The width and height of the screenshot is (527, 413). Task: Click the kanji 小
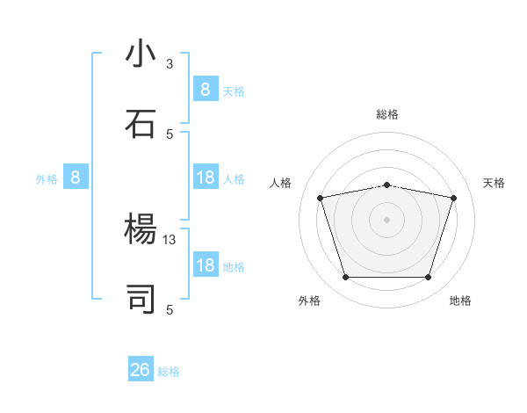[x=141, y=54]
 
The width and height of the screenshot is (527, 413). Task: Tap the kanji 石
[x=141, y=124]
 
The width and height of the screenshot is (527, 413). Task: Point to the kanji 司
[x=141, y=299]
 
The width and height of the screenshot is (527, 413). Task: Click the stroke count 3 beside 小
[x=170, y=63]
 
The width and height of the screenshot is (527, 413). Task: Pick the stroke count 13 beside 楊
[x=170, y=239]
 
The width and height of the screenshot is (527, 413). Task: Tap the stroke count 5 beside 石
[x=170, y=134]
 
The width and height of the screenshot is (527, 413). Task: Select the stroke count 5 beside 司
[x=170, y=309]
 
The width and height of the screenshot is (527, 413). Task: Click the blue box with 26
[x=141, y=370]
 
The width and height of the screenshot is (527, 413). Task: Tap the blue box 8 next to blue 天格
[x=206, y=89]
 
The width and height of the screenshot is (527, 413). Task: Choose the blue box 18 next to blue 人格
[x=206, y=178]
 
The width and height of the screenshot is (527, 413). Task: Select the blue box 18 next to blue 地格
[x=206, y=265]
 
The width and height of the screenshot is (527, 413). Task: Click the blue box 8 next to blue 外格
[x=76, y=178]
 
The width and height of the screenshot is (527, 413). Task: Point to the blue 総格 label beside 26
[x=169, y=372]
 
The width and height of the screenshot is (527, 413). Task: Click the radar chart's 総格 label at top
[x=386, y=114]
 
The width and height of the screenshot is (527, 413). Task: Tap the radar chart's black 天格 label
[x=494, y=183]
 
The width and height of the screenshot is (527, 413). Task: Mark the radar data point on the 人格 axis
[x=321, y=198]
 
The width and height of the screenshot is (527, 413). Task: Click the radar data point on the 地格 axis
[x=428, y=278]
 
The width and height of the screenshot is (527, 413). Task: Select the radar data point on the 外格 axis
[x=345, y=278]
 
